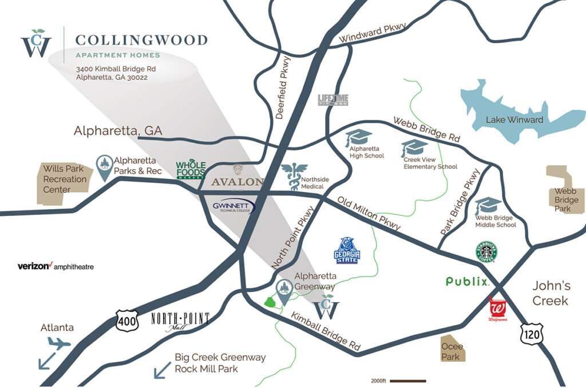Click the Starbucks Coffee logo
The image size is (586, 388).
[x=485, y=252]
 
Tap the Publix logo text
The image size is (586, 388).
[x=467, y=282]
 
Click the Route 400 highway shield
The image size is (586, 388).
[x=126, y=321]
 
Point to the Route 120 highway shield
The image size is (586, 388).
[x=532, y=334]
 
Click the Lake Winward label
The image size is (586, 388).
[x=514, y=119]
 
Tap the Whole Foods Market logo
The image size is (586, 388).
[x=190, y=170]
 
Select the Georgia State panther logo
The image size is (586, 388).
[x=347, y=250]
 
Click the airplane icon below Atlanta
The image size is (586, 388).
[x=60, y=343]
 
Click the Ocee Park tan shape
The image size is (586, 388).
[x=453, y=348]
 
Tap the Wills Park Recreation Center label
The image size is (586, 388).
[x=65, y=179]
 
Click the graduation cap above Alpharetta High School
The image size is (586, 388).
[x=359, y=138]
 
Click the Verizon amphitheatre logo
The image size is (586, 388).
[x=56, y=266]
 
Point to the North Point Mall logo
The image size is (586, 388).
[x=180, y=321]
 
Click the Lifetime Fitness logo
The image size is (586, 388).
[x=333, y=100]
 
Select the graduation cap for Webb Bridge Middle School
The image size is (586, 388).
[x=488, y=205]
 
